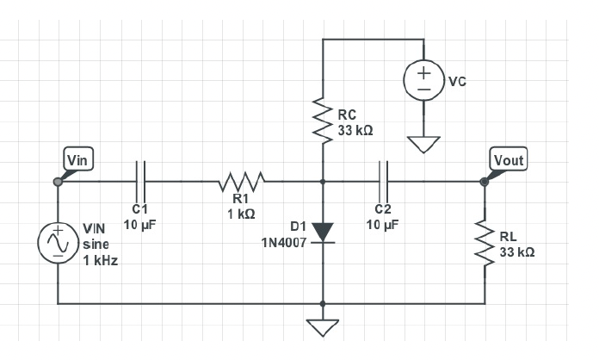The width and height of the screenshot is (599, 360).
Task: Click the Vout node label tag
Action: click(x=507, y=159)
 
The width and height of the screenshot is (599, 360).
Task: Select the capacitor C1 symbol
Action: click(x=141, y=182)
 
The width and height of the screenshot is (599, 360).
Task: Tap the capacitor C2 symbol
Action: click(x=384, y=182)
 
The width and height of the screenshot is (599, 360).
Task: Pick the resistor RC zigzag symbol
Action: click(x=323, y=121)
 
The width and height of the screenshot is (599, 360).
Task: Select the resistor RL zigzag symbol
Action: click(x=485, y=242)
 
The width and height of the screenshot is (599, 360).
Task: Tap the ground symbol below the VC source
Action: click(x=424, y=144)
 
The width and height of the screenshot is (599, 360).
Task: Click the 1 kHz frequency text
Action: click(x=101, y=259)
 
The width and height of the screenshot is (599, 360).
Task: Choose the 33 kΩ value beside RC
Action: click(x=355, y=130)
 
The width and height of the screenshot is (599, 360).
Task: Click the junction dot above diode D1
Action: click(x=323, y=182)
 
